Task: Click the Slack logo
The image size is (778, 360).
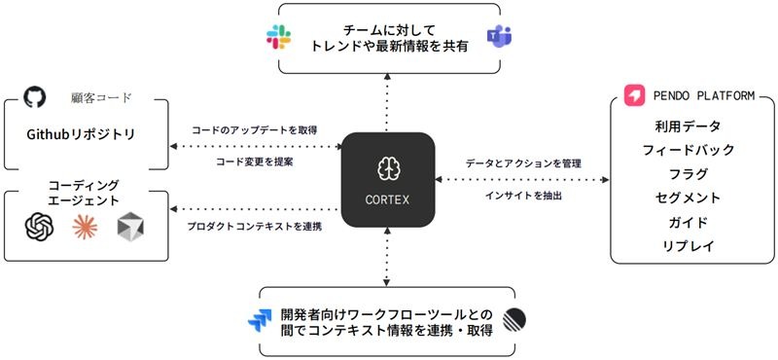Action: pos(278,37)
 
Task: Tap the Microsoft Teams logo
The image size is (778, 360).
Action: pos(499,37)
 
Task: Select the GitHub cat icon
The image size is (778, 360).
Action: pos(35,96)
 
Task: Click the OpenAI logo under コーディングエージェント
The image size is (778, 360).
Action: pos(40,227)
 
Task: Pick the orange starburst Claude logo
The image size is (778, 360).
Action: pos(85,227)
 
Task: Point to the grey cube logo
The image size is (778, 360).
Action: pos(130,227)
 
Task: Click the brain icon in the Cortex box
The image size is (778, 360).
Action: pos(387,169)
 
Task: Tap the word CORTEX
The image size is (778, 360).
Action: pos(387,199)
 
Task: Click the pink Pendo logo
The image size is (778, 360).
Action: pos(635,95)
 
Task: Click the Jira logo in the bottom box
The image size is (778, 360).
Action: pos(260,321)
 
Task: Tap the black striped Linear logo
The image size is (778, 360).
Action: pos(514,320)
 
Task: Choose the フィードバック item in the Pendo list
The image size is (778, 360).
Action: pos(688,150)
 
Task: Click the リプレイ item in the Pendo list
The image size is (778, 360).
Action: pos(688,246)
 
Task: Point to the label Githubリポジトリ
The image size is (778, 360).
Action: pos(81,134)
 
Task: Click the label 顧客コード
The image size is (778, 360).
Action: pos(101,98)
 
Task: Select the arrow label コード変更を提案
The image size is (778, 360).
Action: pos(255,162)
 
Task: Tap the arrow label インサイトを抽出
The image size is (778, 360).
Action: pos(523,197)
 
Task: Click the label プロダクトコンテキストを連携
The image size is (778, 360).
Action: pos(255,227)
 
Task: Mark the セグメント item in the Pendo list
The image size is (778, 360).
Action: pos(688,198)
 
